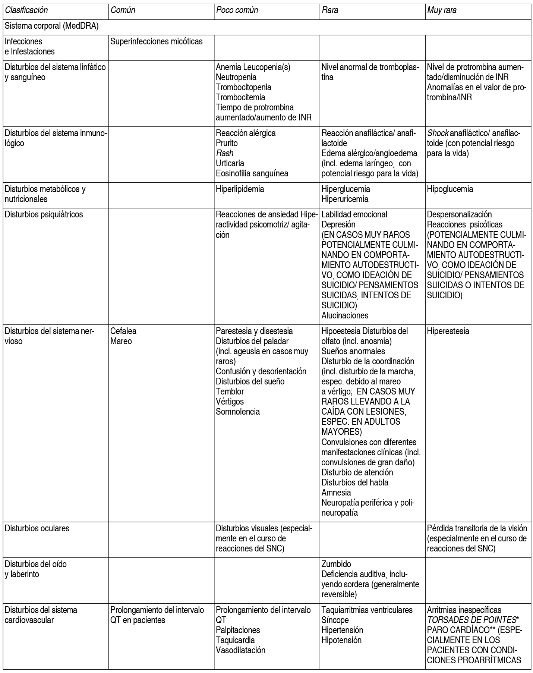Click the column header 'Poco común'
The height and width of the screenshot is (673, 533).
[237, 10]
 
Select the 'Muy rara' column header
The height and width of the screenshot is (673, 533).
[442, 10]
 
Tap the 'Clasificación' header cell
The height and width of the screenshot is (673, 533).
[26, 10]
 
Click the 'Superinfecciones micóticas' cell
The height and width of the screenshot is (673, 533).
[157, 41]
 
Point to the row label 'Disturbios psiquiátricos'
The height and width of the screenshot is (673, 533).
[44, 215]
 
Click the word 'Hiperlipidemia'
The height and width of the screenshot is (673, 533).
[240, 189]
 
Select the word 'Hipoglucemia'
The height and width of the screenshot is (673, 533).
[450, 189]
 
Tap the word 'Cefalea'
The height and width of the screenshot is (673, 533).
[123, 331]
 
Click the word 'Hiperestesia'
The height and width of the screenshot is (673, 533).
[448, 331]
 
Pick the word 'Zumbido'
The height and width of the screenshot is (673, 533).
[336, 564]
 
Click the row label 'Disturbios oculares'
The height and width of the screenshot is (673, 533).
[37, 528]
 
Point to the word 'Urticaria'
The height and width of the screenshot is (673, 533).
[230, 163]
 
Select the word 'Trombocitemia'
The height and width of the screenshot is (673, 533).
[241, 97]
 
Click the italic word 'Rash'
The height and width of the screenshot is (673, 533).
[224, 153]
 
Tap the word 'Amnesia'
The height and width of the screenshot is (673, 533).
[336, 493]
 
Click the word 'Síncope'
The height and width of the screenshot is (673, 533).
[335, 620]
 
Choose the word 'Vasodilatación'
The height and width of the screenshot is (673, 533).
[241, 650]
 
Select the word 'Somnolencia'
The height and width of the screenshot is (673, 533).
[238, 412]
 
